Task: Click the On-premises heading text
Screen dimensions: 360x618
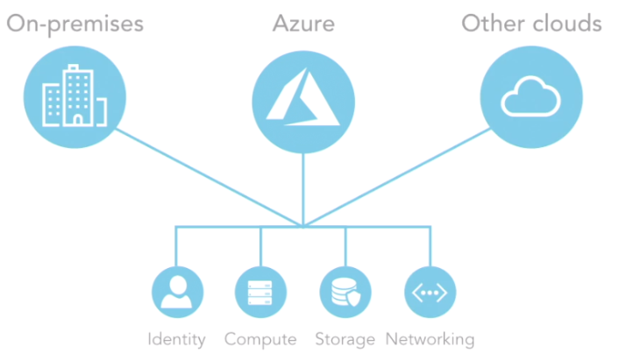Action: [75, 24]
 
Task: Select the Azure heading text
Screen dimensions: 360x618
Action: [303, 24]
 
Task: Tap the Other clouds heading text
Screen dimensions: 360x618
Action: [531, 24]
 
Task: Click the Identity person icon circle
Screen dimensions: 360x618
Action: [177, 293]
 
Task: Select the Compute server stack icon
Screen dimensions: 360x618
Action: [261, 293]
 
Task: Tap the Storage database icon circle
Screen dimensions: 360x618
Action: [345, 293]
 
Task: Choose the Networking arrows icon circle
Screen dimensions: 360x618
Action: [430, 293]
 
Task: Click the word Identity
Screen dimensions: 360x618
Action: [177, 339]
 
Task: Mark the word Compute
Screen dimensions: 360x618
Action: [260, 339]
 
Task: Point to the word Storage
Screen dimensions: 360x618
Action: [345, 339]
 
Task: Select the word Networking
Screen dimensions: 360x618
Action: [430, 339]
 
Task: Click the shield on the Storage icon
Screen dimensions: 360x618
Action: [353, 300]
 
